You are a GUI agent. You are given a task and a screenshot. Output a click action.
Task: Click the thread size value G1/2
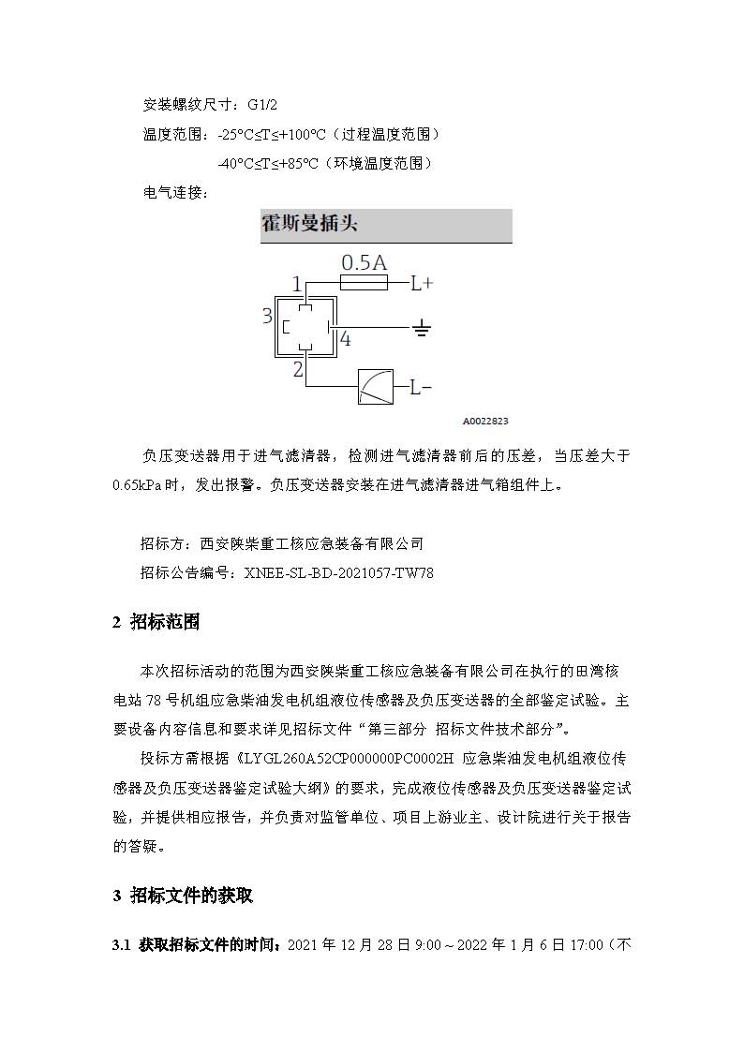coord(263,104)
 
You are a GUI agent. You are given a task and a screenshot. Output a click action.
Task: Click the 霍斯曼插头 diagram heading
coord(309,225)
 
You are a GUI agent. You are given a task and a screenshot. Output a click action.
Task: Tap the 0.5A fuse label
coord(364,261)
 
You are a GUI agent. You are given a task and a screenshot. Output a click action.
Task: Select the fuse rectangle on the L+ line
coord(364,281)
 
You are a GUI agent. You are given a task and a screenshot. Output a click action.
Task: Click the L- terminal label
coord(420,386)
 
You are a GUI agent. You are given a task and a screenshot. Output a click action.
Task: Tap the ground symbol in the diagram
coord(422,328)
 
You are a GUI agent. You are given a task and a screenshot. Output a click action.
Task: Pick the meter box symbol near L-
coord(376,386)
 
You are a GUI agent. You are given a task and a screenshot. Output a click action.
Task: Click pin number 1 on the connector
coord(296,283)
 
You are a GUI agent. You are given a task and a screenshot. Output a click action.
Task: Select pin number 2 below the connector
coord(298,369)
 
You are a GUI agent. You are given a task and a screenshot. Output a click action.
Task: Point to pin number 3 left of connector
coord(267,317)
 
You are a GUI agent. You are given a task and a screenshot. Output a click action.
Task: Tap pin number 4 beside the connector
coord(345,340)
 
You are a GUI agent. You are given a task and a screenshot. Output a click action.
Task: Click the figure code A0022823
coord(485,422)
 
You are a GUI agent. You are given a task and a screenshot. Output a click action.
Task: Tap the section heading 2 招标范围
coord(156,623)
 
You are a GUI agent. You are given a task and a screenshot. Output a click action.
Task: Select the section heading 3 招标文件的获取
coord(183,896)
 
